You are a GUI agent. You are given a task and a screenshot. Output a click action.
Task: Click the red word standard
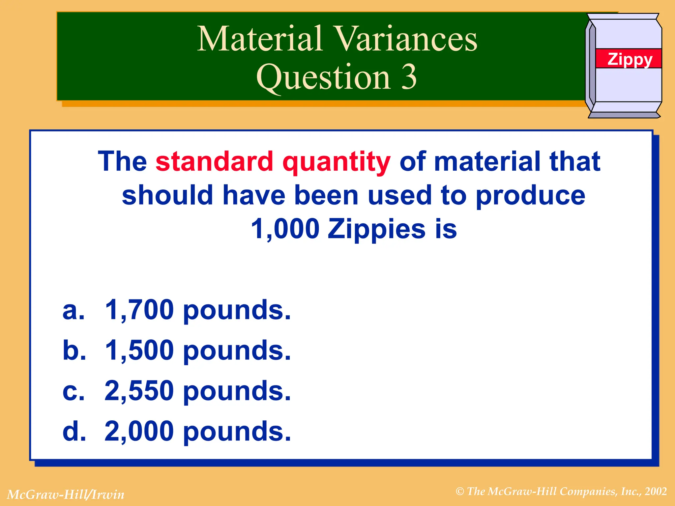tap(214, 161)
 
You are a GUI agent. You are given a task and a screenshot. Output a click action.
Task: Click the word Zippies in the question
tap(376, 229)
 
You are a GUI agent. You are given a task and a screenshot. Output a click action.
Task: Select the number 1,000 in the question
tap(285, 229)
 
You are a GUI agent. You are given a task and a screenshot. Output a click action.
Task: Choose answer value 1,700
tap(139, 310)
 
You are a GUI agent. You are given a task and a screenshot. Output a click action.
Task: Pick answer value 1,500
tap(139, 350)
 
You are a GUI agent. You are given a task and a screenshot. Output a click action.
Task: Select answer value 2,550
tap(139, 391)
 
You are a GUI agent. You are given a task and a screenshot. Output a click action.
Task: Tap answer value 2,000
tap(139, 431)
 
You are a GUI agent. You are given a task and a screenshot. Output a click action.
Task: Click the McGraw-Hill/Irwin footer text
tap(66, 494)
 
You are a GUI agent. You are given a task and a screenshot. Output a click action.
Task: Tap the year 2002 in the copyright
tap(656, 492)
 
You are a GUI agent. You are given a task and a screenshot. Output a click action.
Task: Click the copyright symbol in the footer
tap(460, 492)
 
